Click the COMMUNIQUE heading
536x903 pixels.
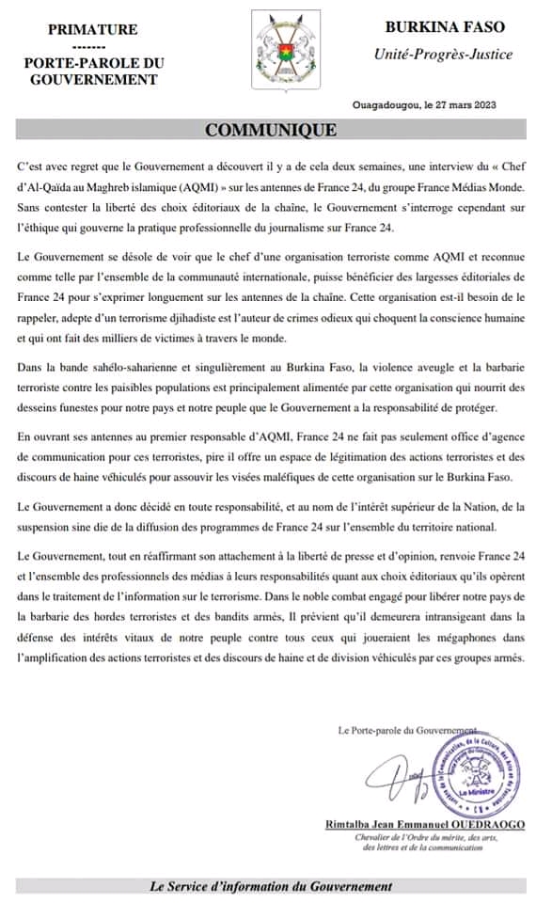271,130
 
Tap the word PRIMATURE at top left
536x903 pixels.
92,30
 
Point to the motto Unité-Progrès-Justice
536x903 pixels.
443,54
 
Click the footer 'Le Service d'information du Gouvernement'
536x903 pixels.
271,886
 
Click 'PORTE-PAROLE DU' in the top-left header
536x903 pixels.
92,63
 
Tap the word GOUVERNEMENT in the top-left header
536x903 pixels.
92,79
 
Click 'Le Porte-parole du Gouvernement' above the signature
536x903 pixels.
406,730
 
